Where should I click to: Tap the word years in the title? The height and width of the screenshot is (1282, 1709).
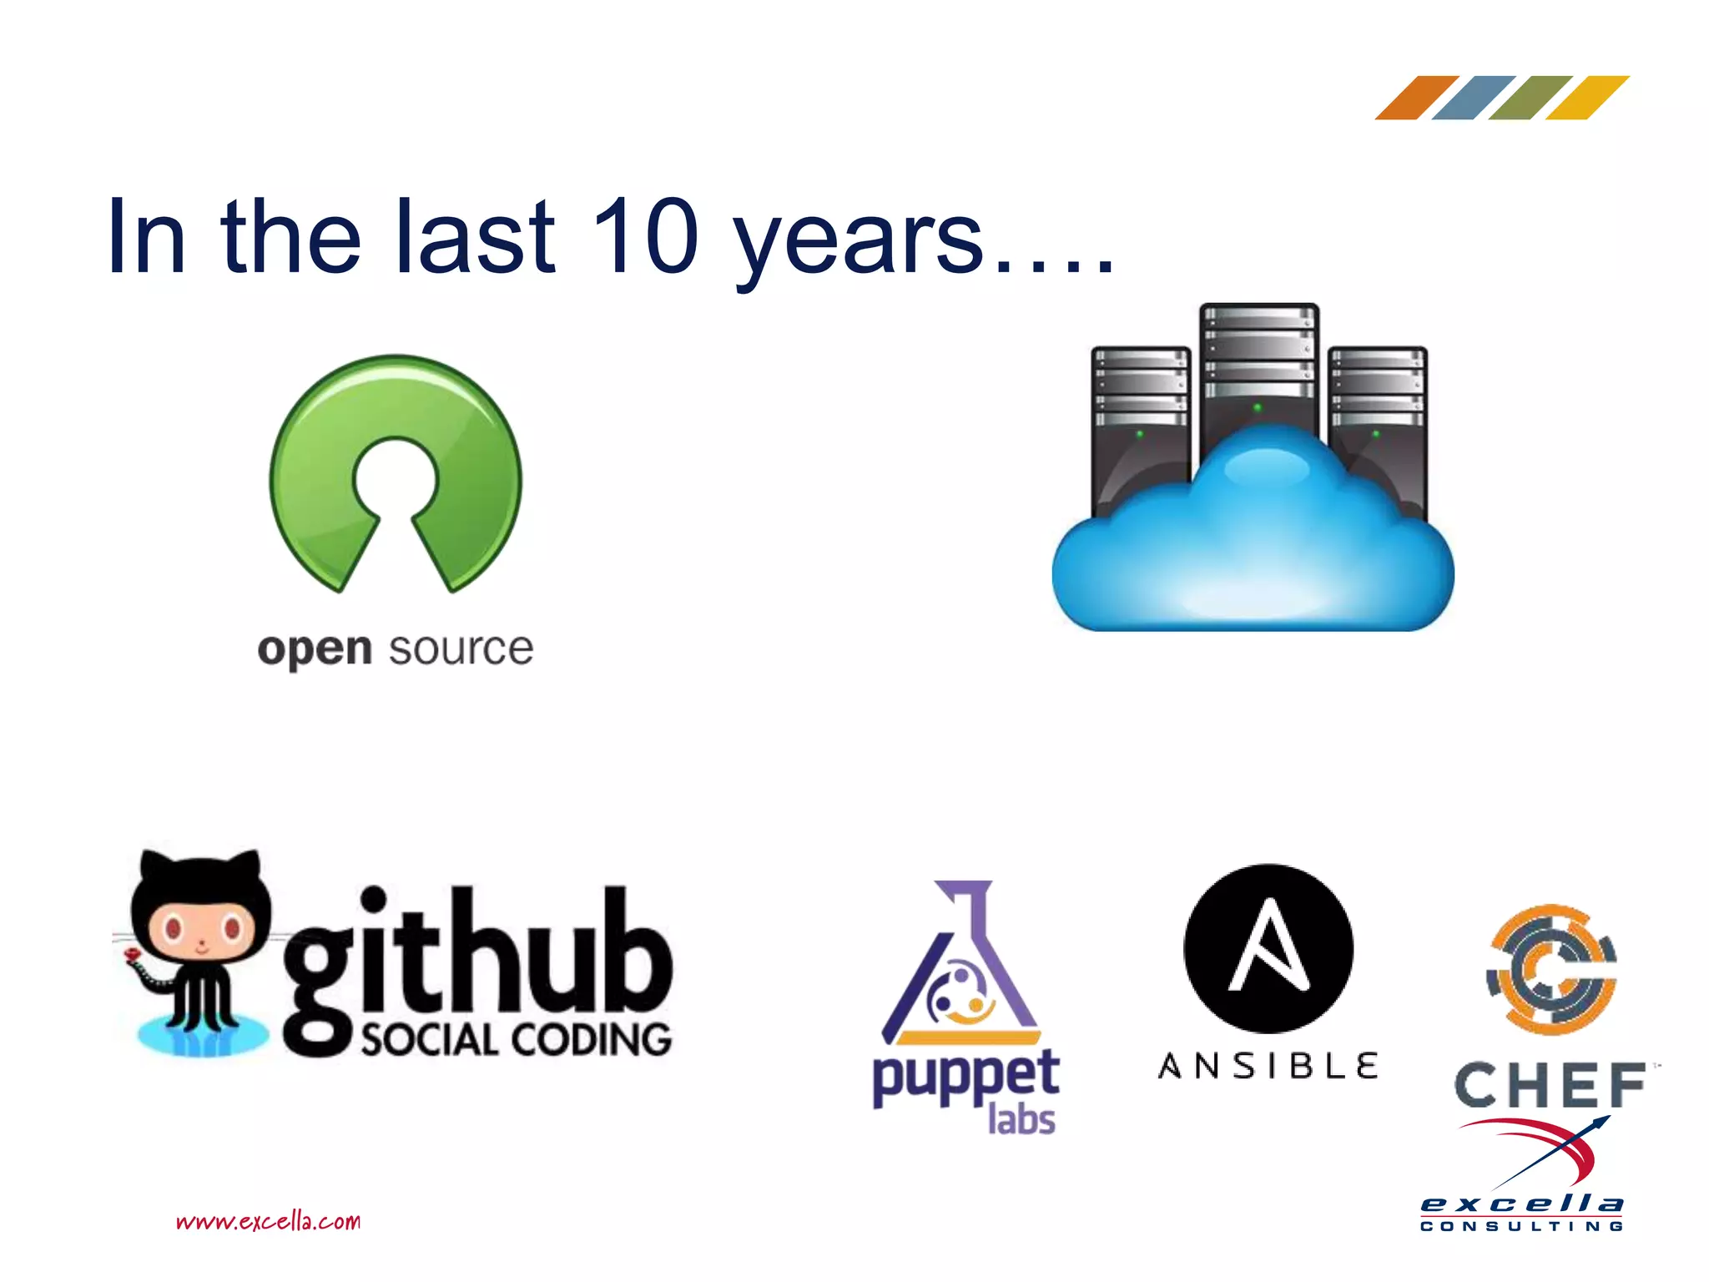(859, 242)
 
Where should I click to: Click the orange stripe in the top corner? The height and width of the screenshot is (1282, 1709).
(1416, 98)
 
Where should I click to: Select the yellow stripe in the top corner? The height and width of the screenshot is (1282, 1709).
(1587, 98)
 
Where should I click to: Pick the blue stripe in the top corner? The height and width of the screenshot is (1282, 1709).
(1473, 98)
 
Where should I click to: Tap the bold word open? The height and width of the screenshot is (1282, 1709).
(314, 649)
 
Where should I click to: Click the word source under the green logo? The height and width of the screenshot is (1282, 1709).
(461, 649)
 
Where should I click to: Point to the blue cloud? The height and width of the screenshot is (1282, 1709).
(1252, 551)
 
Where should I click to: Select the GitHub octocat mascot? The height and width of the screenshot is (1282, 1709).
(200, 951)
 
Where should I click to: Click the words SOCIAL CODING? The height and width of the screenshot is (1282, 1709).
(516, 1040)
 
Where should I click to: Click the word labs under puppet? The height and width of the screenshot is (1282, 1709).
(1021, 1119)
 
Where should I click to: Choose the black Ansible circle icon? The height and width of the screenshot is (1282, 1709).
(1268, 948)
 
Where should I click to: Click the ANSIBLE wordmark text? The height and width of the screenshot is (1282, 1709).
(1268, 1066)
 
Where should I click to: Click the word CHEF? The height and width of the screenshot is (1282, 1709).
(1550, 1085)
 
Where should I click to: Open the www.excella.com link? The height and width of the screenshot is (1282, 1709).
(268, 1222)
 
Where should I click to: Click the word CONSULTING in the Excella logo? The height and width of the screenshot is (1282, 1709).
(1522, 1226)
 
